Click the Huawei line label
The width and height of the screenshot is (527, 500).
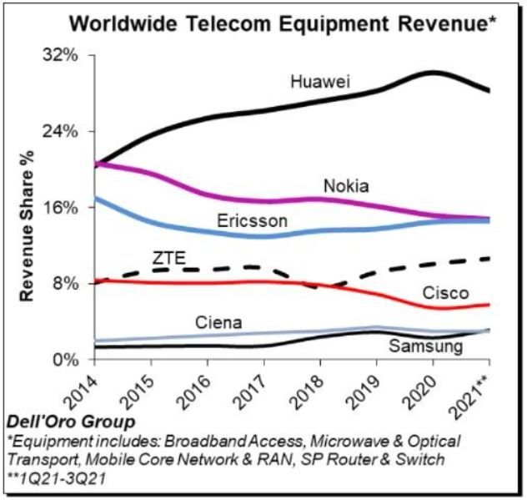[319, 82]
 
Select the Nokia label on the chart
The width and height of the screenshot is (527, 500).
[345, 185]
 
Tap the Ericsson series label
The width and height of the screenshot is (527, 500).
[252, 222]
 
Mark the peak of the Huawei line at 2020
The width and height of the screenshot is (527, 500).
[433, 73]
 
